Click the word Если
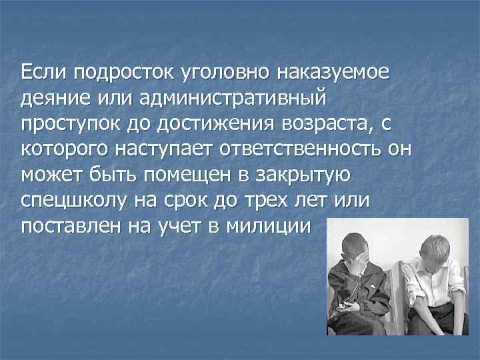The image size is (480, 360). tap(44, 70)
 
